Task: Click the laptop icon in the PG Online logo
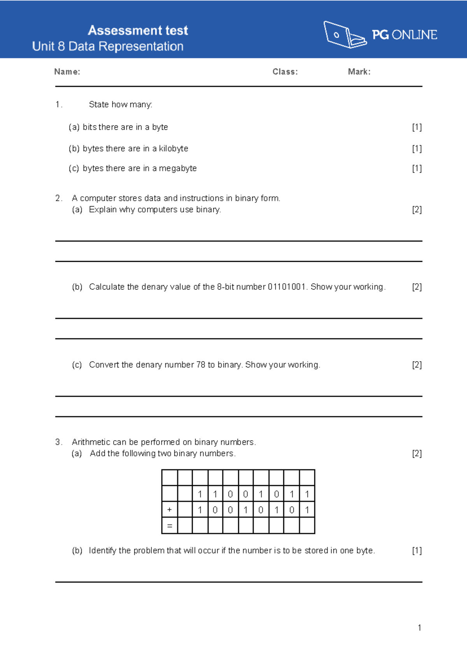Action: point(344,35)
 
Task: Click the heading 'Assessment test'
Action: point(138,30)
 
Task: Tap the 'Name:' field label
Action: point(67,72)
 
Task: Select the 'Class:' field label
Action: point(285,72)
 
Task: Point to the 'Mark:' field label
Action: point(359,72)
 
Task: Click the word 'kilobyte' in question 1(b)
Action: point(174,148)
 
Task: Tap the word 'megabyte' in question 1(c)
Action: point(178,168)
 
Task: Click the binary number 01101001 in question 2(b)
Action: point(287,287)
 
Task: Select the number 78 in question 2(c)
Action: point(201,365)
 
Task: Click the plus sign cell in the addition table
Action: point(169,510)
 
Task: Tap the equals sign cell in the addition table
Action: point(169,526)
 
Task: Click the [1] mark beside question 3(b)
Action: point(417,551)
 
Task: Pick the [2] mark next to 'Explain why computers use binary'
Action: point(417,210)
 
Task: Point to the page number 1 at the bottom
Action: point(419,628)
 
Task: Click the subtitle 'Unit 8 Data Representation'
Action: point(108,46)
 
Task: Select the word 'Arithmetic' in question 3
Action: point(91,442)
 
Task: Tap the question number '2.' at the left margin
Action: point(59,198)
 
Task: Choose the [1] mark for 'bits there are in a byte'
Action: point(417,127)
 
